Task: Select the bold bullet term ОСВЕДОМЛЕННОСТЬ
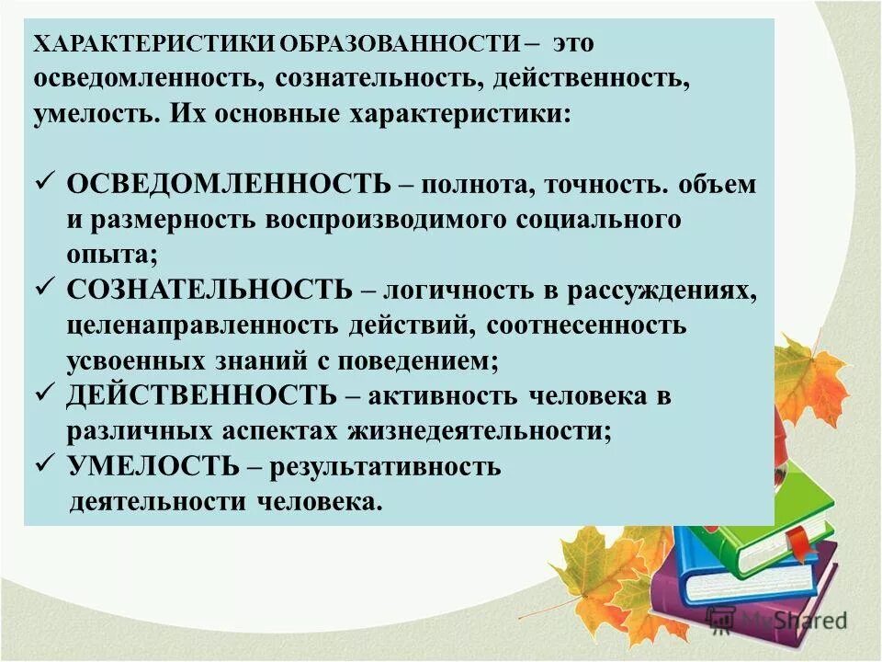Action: (x=229, y=184)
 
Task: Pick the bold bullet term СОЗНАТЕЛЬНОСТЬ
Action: (x=209, y=291)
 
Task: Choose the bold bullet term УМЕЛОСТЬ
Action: (x=153, y=466)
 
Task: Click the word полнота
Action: (x=468, y=185)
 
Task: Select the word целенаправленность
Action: (x=201, y=326)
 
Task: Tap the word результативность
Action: (x=387, y=467)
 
